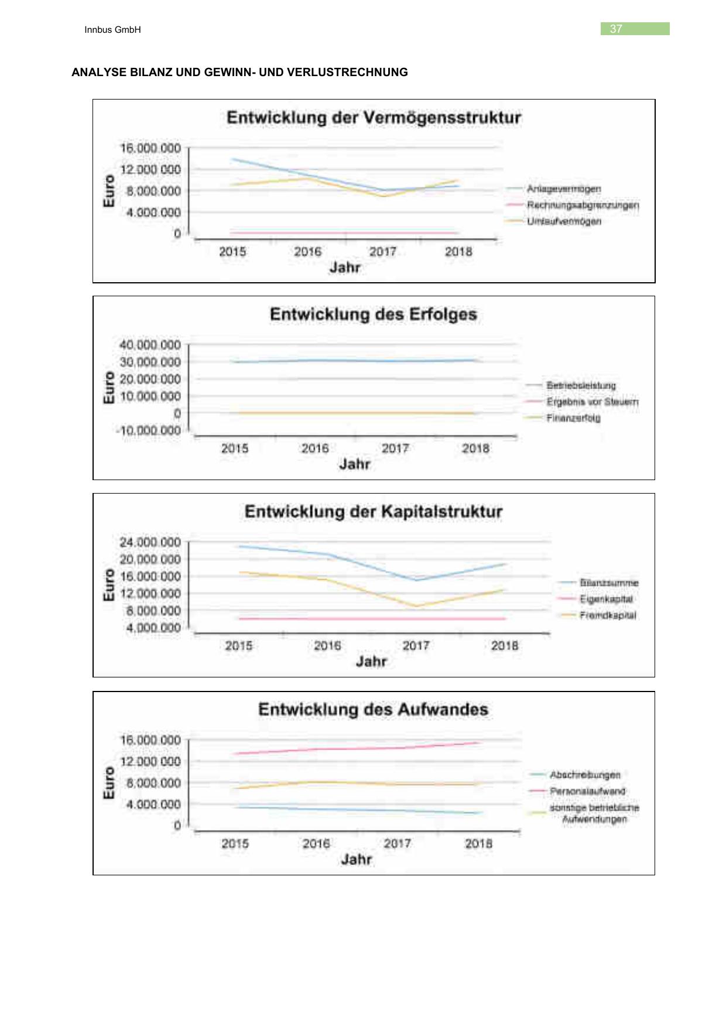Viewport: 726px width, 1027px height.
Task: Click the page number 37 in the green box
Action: [x=616, y=29]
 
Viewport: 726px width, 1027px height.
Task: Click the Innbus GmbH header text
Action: [x=112, y=30]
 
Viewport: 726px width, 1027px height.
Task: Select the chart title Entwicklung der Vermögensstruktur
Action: [x=374, y=118]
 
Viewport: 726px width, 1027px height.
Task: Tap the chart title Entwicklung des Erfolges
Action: [x=374, y=314]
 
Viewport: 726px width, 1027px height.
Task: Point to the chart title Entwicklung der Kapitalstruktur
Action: [x=374, y=512]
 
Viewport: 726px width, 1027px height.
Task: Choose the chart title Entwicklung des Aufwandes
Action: [x=374, y=710]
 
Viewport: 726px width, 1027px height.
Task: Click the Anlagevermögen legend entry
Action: [x=563, y=189]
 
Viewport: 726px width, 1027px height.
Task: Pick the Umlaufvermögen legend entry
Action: [x=564, y=221]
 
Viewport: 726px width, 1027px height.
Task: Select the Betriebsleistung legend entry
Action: [x=581, y=385]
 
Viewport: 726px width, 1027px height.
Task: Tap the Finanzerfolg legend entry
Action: [x=573, y=418]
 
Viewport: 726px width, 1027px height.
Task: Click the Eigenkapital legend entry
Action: [x=606, y=599]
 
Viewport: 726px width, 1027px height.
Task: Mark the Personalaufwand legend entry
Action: [x=587, y=791]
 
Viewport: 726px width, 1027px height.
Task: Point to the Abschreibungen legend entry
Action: [x=584, y=775]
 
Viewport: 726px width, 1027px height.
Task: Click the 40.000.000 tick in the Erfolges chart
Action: [x=150, y=345]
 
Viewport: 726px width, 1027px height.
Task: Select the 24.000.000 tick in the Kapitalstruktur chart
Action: [x=150, y=542]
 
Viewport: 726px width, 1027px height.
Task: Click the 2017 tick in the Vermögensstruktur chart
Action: [x=383, y=252]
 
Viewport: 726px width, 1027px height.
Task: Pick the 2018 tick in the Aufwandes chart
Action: [x=478, y=844]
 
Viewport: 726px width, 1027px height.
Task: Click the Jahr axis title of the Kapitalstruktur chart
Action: [x=371, y=662]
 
